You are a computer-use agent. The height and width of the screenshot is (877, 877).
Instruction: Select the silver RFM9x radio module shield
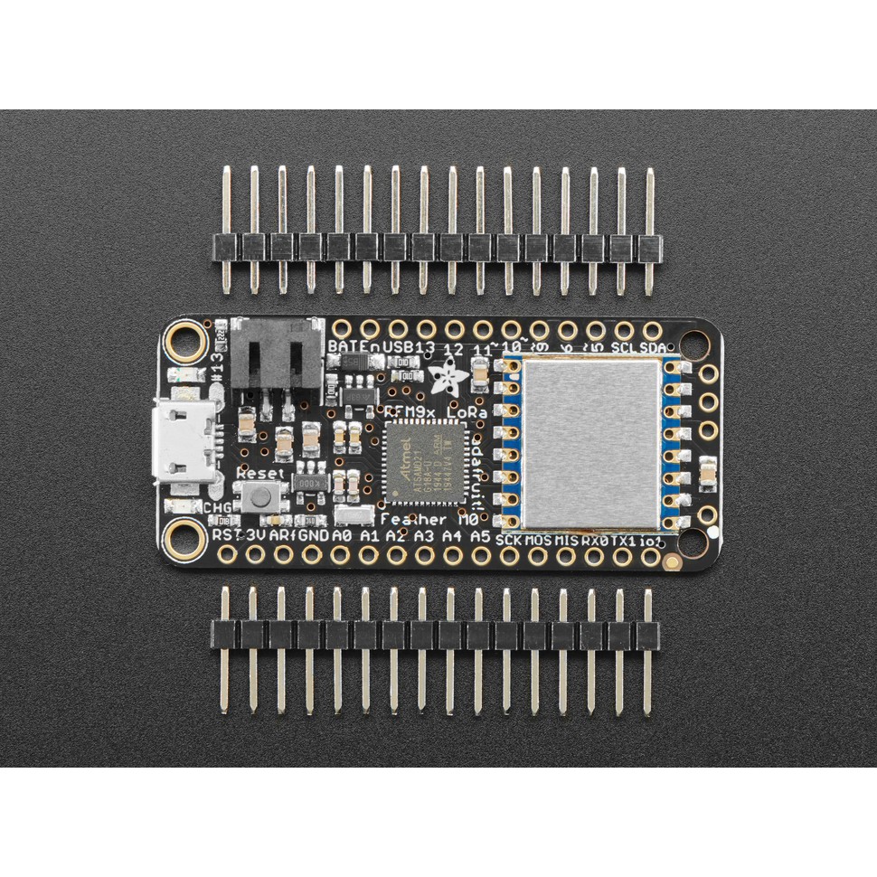590,442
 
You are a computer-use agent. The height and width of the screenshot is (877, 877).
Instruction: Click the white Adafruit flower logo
449,375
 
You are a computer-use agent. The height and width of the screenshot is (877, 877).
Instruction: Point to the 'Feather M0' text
427,520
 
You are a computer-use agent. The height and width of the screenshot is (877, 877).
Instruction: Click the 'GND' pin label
313,536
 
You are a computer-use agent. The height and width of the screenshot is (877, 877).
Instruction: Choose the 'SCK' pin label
511,539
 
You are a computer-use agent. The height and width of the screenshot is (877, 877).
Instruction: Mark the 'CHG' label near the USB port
217,507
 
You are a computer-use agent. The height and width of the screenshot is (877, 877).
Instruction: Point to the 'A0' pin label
341,536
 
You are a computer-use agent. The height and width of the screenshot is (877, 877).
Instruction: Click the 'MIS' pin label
566,540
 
